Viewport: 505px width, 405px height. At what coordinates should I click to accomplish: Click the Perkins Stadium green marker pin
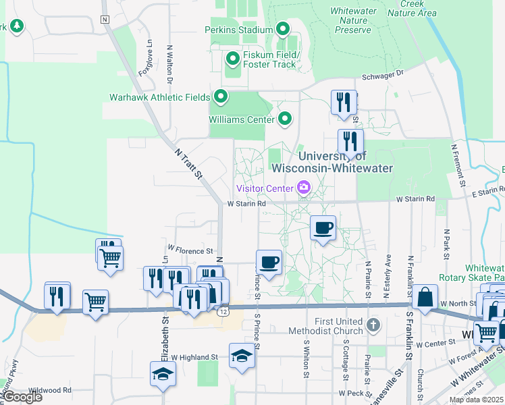[282, 30]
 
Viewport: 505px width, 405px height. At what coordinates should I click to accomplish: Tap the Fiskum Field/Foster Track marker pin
[233, 59]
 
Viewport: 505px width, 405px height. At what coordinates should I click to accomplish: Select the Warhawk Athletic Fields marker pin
[220, 97]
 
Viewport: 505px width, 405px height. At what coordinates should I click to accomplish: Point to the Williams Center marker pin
[285, 119]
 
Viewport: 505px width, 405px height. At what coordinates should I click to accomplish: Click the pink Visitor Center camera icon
[303, 188]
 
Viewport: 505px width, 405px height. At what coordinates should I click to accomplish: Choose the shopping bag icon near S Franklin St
[426, 297]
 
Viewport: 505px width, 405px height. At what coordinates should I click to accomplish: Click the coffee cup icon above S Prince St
[269, 262]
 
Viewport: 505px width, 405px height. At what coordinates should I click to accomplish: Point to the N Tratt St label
[189, 164]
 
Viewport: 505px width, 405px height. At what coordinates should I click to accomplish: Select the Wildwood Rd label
[50, 390]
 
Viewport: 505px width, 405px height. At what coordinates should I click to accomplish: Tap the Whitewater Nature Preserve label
[352, 20]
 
